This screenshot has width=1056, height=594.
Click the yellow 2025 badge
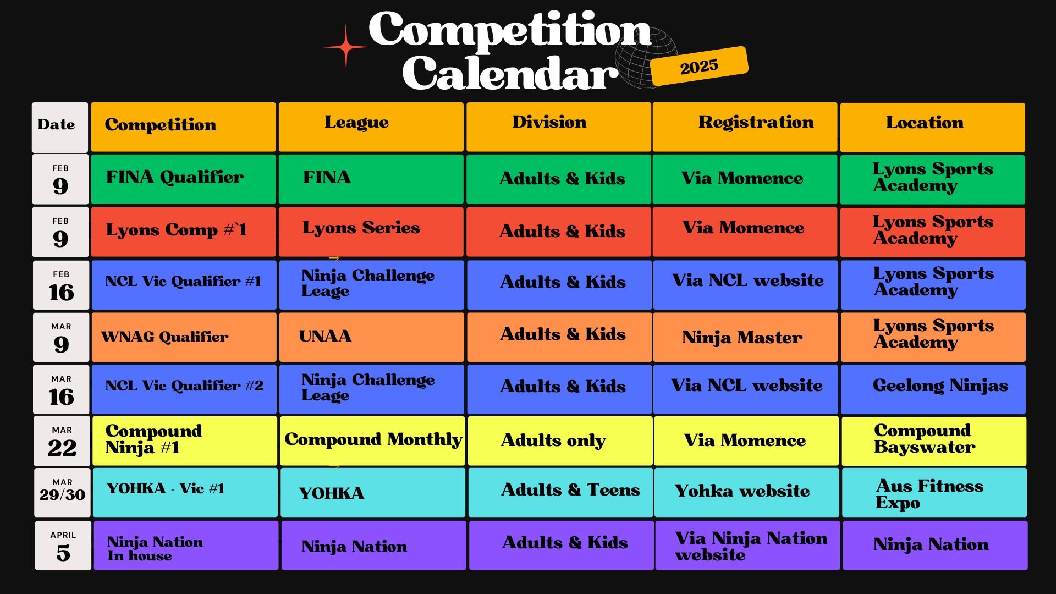pos(699,66)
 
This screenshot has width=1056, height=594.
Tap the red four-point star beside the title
pos(346,47)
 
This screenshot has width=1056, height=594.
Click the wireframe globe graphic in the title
pos(645,58)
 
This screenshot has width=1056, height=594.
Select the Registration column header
pos(745,127)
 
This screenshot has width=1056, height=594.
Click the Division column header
pos(558,127)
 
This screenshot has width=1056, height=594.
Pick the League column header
pos(371,127)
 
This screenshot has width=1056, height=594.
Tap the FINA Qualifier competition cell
pos(183,179)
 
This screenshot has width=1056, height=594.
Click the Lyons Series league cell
pos(371,232)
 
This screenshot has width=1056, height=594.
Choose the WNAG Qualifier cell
pos(184,337)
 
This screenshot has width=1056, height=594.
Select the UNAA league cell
pos(371,337)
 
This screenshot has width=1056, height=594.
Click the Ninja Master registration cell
pos(745,337)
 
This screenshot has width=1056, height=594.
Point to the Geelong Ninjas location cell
pos(933,389)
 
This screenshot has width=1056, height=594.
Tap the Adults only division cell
pos(560,441)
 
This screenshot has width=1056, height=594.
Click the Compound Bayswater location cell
pos(934,441)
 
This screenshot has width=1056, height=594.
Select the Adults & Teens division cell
pos(560,492)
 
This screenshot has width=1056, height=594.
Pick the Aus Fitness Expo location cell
pos(934,492)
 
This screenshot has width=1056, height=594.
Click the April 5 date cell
pos(63,546)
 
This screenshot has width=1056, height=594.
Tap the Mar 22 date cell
pos(62,441)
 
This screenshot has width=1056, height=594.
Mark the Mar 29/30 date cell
pos(62,492)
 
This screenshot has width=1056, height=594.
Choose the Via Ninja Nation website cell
pos(747,546)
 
